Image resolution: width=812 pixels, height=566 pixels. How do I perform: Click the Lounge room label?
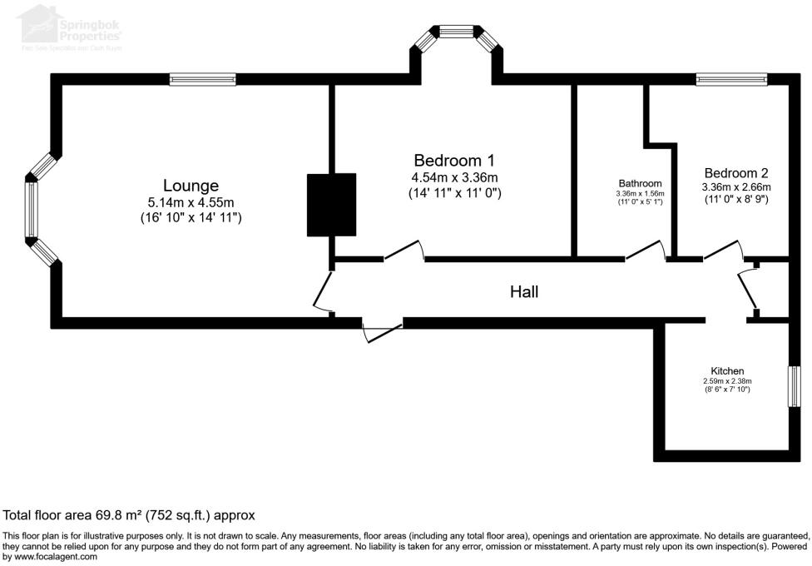(191, 186)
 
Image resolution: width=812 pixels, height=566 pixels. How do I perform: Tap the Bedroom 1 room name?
(453, 160)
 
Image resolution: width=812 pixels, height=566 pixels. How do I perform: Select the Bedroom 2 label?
(735, 173)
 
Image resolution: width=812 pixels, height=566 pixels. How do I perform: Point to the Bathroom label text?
(640, 184)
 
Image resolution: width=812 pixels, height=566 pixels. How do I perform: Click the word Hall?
(524, 292)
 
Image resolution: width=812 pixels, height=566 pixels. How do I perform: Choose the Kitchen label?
(726, 370)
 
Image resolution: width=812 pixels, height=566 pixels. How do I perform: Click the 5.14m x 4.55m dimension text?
(191, 202)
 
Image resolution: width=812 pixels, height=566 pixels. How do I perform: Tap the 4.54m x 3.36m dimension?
(454, 177)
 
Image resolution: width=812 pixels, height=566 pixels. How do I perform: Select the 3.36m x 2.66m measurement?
(736, 187)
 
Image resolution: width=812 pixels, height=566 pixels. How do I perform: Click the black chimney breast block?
(331, 205)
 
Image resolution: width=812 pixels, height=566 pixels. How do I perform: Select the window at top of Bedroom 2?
(731, 80)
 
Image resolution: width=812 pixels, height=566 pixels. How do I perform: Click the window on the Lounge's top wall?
(204, 80)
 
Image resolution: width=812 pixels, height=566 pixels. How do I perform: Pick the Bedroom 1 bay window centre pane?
(455, 32)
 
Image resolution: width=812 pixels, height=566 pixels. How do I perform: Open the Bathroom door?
(646, 251)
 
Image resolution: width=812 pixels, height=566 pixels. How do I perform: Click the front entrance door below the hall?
(383, 330)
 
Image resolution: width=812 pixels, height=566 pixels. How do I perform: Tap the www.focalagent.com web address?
(50, 557)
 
